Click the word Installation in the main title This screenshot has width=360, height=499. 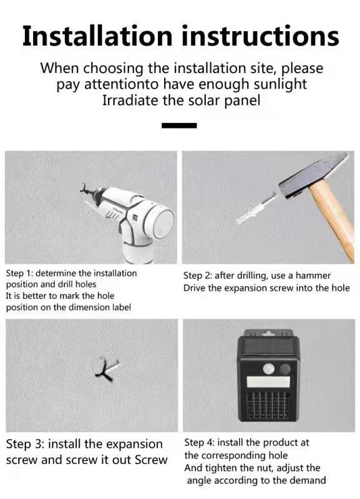point(97,36)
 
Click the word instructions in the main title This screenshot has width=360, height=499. point(260,36)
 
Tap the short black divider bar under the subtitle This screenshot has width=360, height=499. point(179,125)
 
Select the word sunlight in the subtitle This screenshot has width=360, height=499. point(280,85)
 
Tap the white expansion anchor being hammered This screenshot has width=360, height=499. point(255,210)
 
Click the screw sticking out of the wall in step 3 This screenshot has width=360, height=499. point(108,370)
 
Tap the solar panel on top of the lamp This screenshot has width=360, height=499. point(268,347)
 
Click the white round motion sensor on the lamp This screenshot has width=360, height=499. point(269,369)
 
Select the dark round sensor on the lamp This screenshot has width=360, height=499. point(285,369)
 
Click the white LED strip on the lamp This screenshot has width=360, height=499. point(269,382)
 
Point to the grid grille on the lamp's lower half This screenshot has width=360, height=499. point(269,405)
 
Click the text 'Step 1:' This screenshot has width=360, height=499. point(19,273)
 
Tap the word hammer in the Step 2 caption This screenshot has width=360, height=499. point(314,276)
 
